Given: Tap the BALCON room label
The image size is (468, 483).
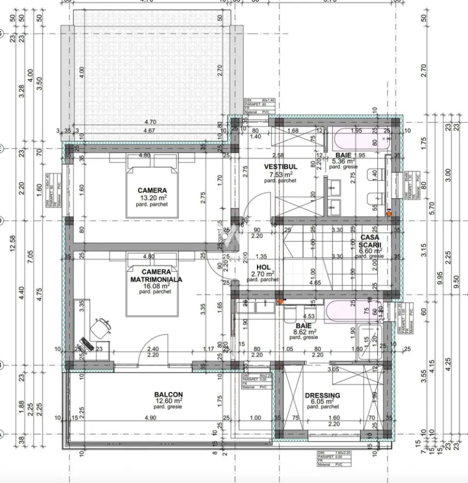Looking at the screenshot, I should point(168,394).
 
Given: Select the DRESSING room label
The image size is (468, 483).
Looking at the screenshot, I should point(322,395).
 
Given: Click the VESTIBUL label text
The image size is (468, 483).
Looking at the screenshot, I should point(280,167).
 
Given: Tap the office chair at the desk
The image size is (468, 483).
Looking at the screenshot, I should point(101,328).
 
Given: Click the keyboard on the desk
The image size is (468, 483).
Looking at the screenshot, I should point(87,344).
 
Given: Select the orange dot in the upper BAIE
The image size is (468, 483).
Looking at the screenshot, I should point(389,213).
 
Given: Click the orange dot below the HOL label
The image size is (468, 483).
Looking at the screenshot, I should point(280,301).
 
